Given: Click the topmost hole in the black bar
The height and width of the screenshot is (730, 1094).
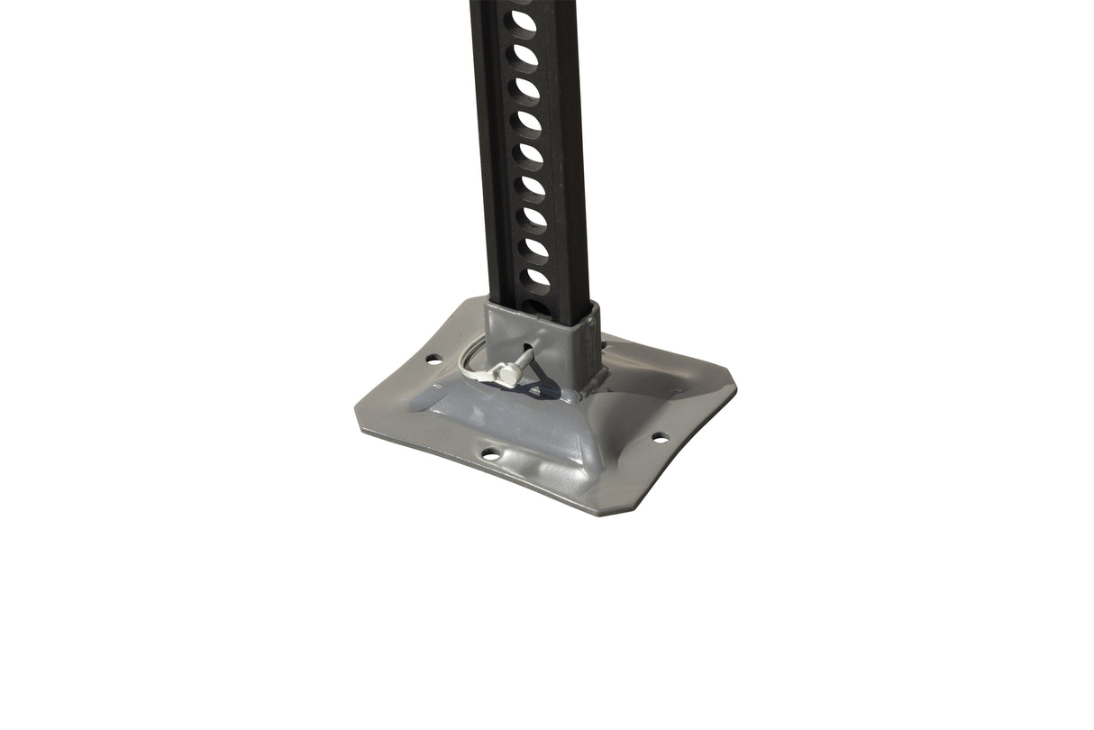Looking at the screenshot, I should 523,20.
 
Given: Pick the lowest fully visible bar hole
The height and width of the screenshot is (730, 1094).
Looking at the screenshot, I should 537,278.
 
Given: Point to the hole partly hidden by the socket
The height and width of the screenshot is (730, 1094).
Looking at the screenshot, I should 537,305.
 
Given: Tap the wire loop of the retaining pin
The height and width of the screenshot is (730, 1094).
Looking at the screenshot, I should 473,360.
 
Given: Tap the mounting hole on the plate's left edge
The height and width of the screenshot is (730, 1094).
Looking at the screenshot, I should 433,359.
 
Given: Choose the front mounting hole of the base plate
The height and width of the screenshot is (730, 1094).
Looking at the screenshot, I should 489,453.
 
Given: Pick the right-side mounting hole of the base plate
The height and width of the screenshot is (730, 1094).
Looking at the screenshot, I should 660,438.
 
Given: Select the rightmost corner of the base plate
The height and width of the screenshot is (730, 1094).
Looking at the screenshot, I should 734,388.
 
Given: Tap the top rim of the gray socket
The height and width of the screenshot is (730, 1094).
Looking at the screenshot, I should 541,312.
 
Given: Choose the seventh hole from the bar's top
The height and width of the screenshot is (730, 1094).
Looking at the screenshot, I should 533,216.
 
